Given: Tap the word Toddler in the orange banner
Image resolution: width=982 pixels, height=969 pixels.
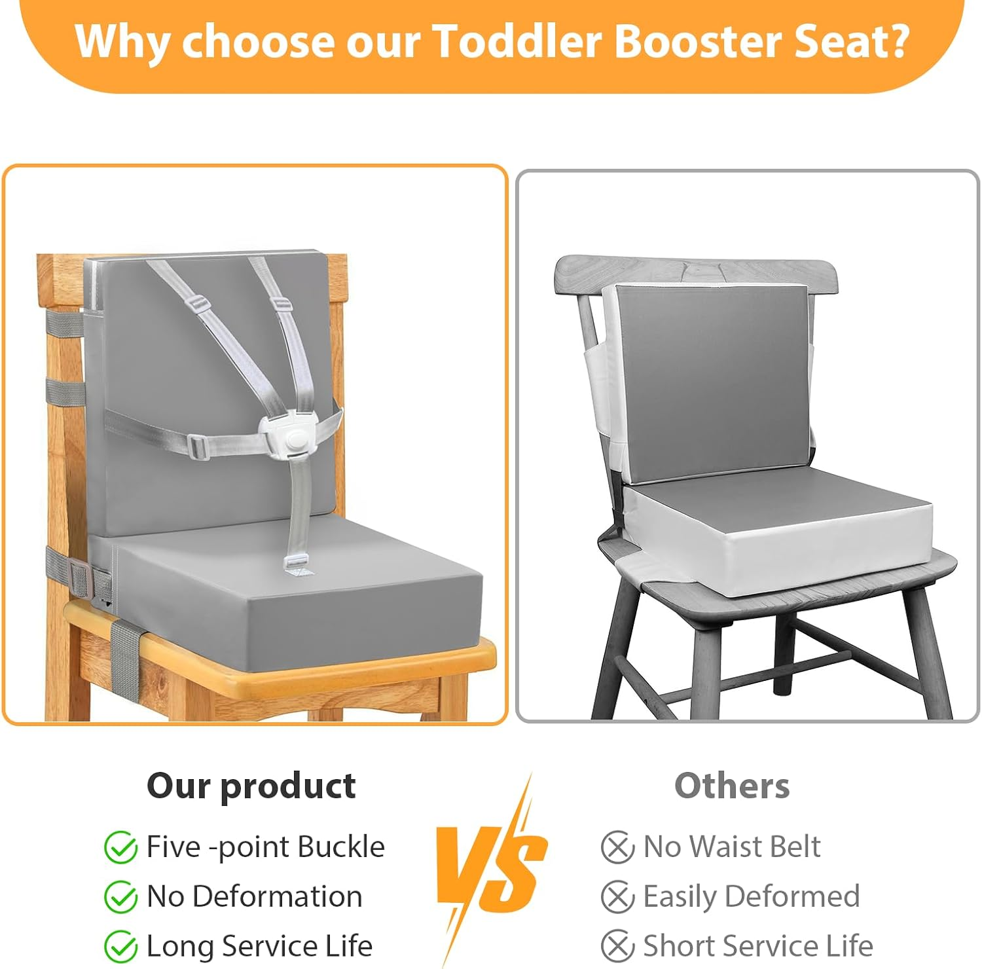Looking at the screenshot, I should tap(517, 41).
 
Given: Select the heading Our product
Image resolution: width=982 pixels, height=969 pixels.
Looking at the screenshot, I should tap(251, 785).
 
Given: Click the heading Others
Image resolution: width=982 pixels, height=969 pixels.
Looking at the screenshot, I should tap(732, 785).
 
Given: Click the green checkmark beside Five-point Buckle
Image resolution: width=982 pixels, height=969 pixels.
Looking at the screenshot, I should tap(120, 848).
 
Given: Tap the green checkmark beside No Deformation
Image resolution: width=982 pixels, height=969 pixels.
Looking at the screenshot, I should tap(120, 897).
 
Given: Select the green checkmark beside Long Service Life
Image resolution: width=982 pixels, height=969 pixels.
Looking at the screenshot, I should tap(120, 947).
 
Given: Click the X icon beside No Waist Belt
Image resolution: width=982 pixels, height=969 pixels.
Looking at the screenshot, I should tap(617, 847).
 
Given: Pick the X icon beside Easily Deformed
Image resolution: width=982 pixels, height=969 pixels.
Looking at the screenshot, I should tap(617, 897).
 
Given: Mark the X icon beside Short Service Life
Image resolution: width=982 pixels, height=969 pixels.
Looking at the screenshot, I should tap(617, 947).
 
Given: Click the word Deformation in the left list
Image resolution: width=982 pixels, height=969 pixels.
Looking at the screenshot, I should tap(278, 896).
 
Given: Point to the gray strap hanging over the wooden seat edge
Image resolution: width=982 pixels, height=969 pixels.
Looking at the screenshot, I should tap(125, 655).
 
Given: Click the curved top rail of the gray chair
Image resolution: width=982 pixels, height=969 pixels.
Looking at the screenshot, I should tap(697, 270).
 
